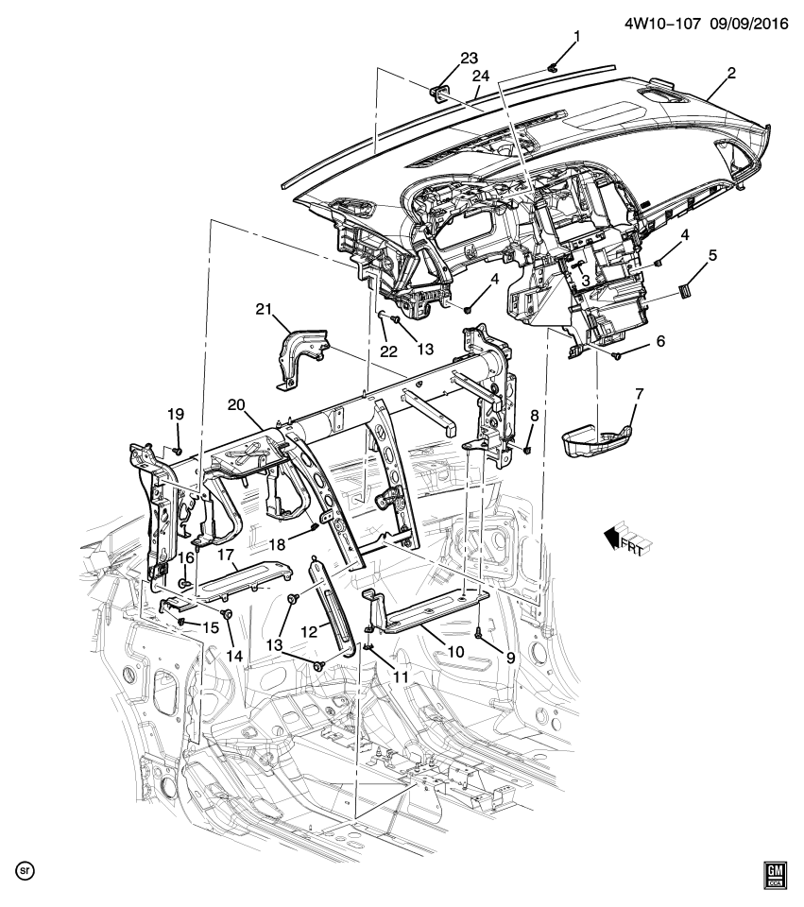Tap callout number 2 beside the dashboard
pyautogui.click(x=731, y=72)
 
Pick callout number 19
pyautogui.click(x=177, y=413)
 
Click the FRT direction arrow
pyautogui.click(x=620, y=541)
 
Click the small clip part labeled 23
pyautogui.click(x=439, y=91)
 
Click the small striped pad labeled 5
pyautogui.click(x=687, y=284)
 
